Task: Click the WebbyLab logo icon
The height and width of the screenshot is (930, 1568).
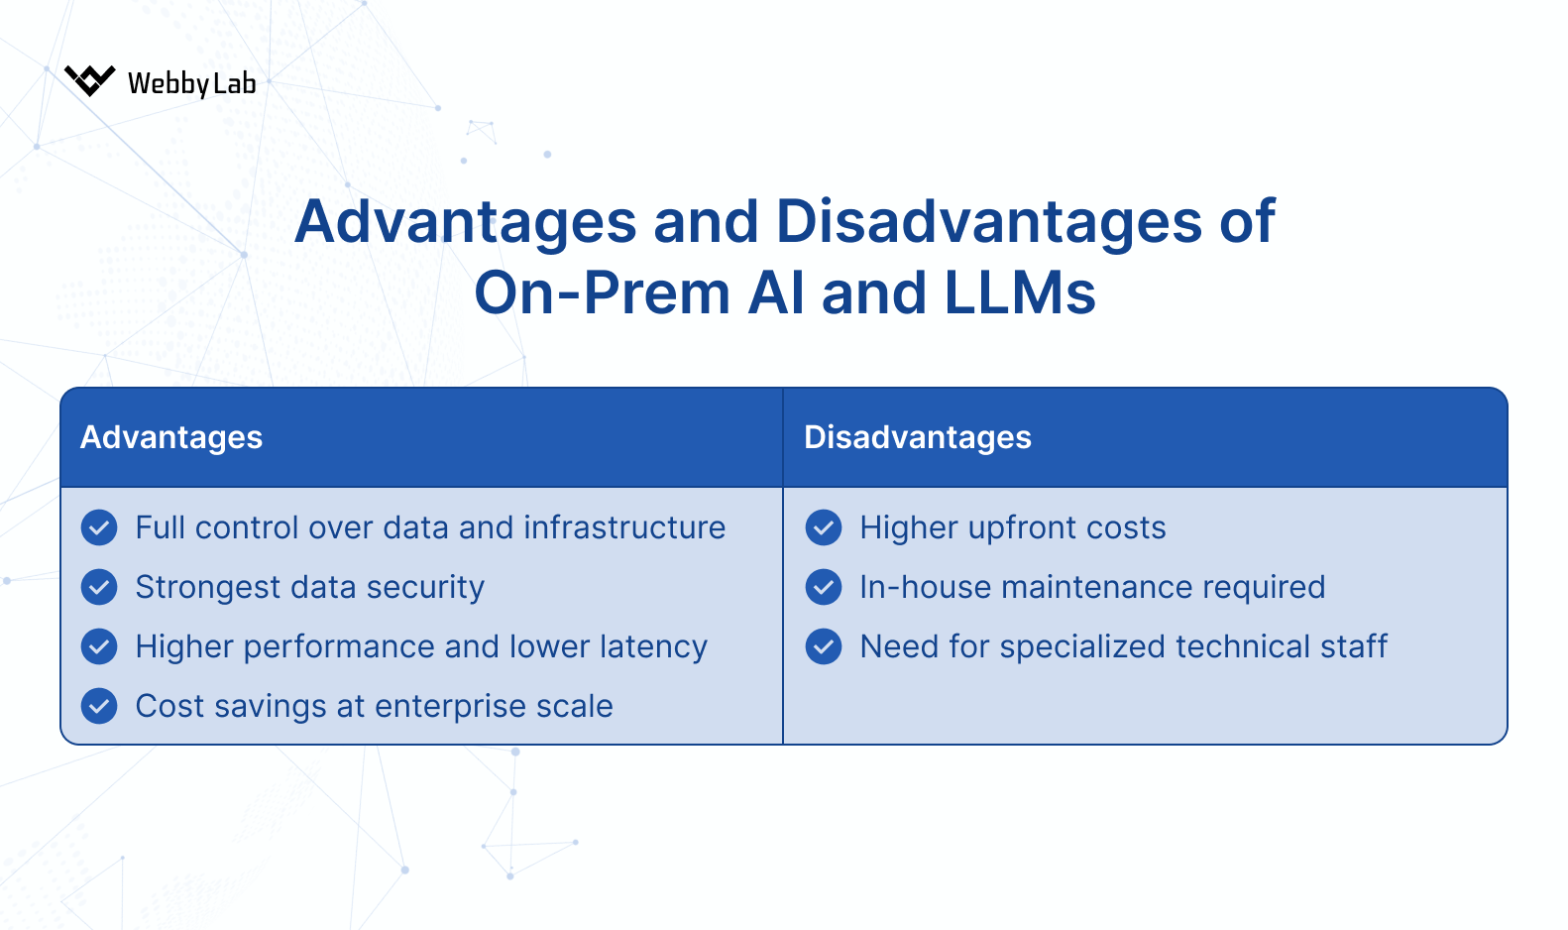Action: (x=89, y=80)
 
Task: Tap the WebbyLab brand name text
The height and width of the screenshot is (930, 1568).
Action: (x=191, y=83)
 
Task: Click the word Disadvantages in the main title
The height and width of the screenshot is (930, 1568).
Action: (x=988, y=221)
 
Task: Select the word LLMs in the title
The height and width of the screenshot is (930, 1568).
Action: (x=1020, y=293)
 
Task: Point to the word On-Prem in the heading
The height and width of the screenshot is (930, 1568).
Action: (x=603, y=293)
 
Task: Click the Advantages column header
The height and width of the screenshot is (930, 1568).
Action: (x=171, y=437)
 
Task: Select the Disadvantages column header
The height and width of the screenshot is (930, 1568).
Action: (x=917, y=437)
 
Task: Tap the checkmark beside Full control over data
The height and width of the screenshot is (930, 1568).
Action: (x=99, y=527)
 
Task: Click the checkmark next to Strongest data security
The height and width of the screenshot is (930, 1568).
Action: (x=99, y=587)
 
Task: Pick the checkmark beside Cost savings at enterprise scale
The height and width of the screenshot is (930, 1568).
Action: (x=99, y=706)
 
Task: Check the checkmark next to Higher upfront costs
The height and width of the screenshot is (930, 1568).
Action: (x=824, y=527)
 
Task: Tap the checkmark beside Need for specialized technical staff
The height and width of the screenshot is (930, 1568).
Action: (x=824, y=646)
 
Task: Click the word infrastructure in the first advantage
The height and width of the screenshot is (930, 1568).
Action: (x=624, y=527)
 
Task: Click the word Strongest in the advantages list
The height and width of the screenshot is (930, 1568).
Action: (x=208, y=588)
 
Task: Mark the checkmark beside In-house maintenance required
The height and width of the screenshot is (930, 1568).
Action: (x=824, y=587)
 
